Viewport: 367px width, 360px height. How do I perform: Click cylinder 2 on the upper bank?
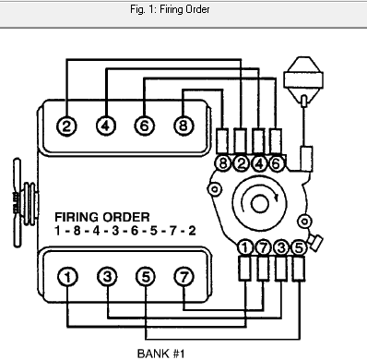66,126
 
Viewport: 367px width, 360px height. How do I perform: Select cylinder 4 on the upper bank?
105,126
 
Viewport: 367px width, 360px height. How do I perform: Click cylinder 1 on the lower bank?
67,276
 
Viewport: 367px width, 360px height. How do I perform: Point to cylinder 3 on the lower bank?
106,276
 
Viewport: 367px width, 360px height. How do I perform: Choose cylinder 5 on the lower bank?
145,276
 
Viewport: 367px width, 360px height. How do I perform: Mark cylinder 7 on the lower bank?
183,276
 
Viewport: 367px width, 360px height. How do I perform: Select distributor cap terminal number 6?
277,164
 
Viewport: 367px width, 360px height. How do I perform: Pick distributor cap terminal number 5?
297,246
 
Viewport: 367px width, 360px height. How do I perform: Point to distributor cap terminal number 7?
263,246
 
